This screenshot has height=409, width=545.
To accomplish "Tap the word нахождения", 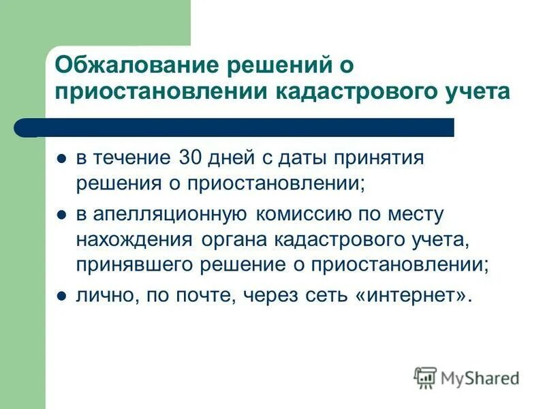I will [x=135, y=240].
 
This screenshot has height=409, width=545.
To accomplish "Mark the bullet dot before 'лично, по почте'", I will [x=61, y=298].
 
